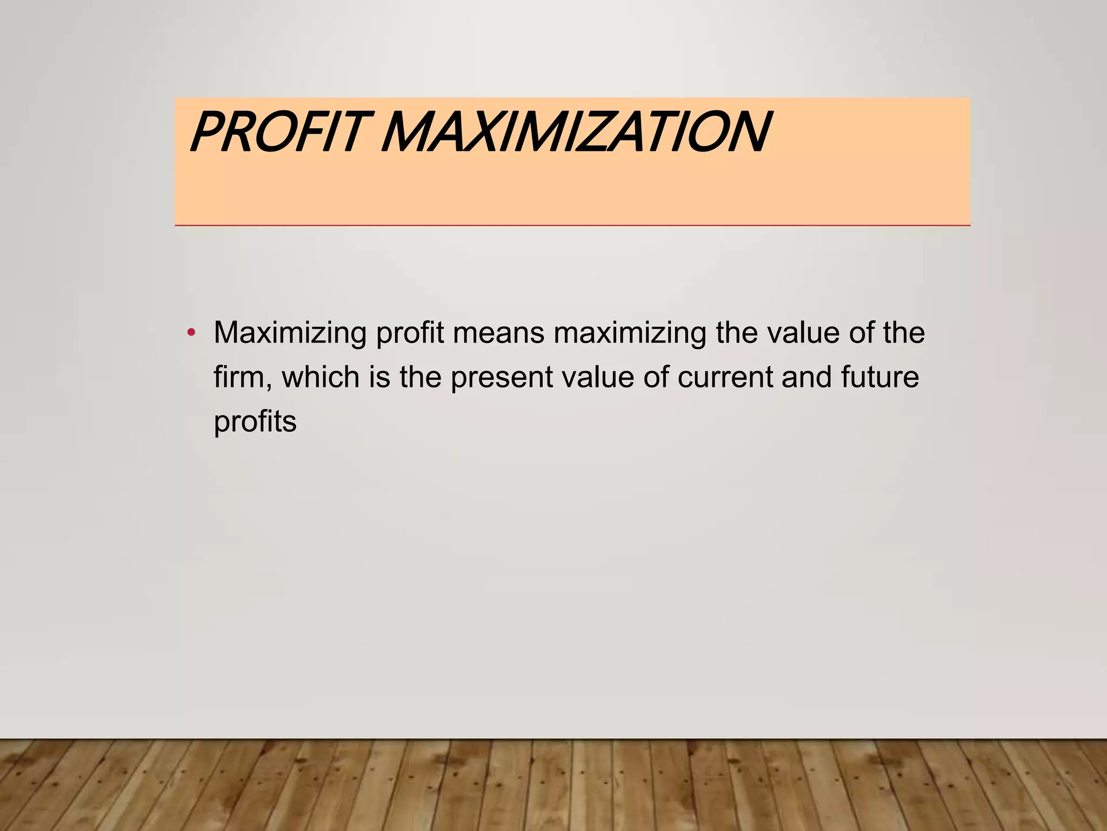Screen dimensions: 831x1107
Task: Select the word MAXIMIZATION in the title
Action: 576,133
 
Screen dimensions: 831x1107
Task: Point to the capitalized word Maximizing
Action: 290,333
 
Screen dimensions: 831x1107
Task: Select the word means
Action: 498,333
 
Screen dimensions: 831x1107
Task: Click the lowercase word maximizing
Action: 630,333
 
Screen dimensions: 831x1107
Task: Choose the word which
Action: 321,377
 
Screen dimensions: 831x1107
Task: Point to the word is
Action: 379,377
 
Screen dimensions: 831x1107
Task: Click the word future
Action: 880,377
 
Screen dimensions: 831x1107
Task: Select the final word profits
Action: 255,422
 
